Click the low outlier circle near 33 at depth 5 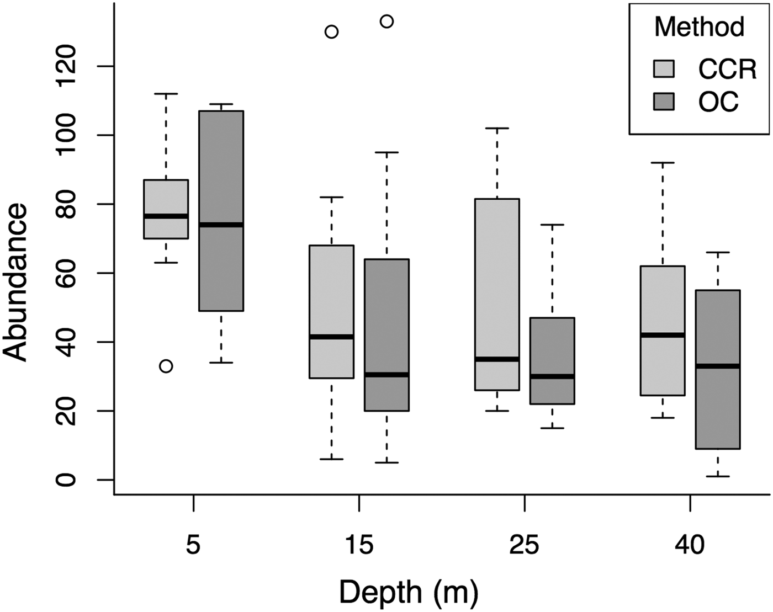point(166,366)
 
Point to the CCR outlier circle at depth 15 point(331,31)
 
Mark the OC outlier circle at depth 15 point(386,22)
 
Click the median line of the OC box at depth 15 point(386,375)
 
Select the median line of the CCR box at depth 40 point(663,335)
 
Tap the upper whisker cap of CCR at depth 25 point(497,128)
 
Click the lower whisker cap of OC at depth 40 point(717,476)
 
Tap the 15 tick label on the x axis point(359,545)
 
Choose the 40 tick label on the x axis point(690,545)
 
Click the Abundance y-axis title point(15,283)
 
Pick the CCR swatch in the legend point(664,68)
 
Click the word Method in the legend point(699,26)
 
